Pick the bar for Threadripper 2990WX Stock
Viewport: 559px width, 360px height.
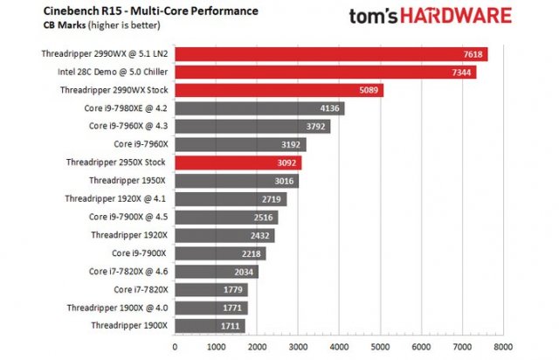(x=279, y=90)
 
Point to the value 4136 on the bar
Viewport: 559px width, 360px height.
(x=330, y=108)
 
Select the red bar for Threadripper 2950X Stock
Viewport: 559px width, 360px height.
(x=238, y=163)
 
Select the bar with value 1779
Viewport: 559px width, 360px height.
(x=210, y=289)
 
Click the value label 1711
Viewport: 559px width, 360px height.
(x=231, y=325)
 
